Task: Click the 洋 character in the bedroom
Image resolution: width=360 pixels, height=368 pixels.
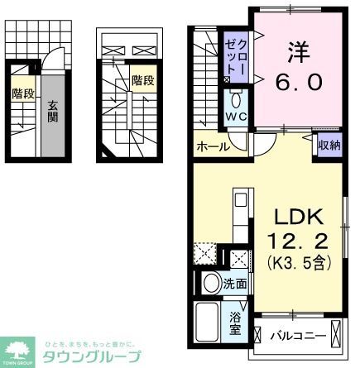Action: click(x=297, y=51)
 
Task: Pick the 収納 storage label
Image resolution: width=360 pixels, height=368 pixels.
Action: click(x=329, y=146)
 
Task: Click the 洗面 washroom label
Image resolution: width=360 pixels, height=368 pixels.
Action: click(x=234, y=284)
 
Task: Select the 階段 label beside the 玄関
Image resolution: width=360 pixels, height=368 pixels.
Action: click(x=23, y=94)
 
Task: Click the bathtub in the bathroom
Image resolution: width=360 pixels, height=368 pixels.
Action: click(x=207, y=323)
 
